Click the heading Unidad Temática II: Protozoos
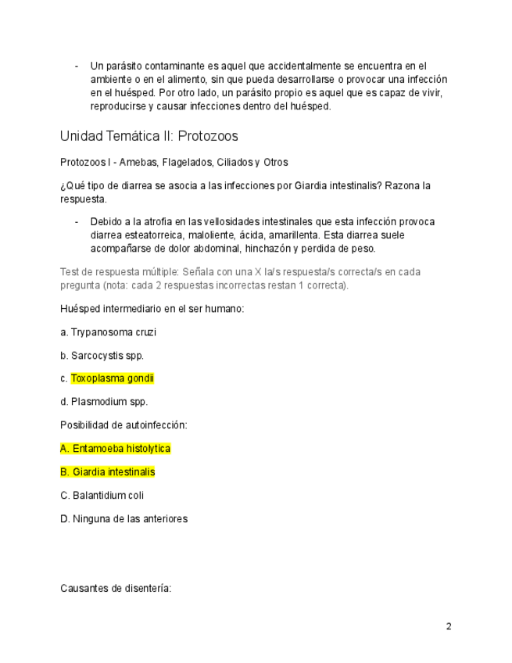click(x=149, y=136)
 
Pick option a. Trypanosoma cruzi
click(x=108, y=332)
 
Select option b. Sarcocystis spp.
click(x=102, y=356)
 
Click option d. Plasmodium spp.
click(x=104, y=402)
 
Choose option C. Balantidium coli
click(x=102, y=495)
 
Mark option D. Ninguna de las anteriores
click(x=124, y=518)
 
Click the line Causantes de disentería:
click(x=115, y=589)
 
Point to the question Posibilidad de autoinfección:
click(x=123, y=425)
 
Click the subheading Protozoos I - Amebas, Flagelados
click(x=174, y=163)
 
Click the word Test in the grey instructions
click(x=70, y=272)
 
